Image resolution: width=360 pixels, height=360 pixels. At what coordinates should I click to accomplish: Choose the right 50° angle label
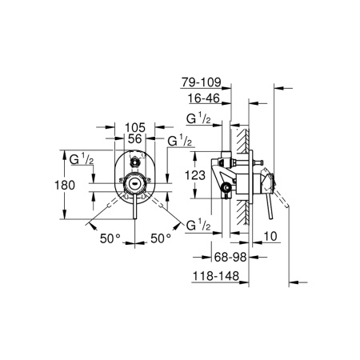pos(162,238)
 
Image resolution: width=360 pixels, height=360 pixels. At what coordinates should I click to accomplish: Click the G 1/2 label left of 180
pos(82,158)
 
